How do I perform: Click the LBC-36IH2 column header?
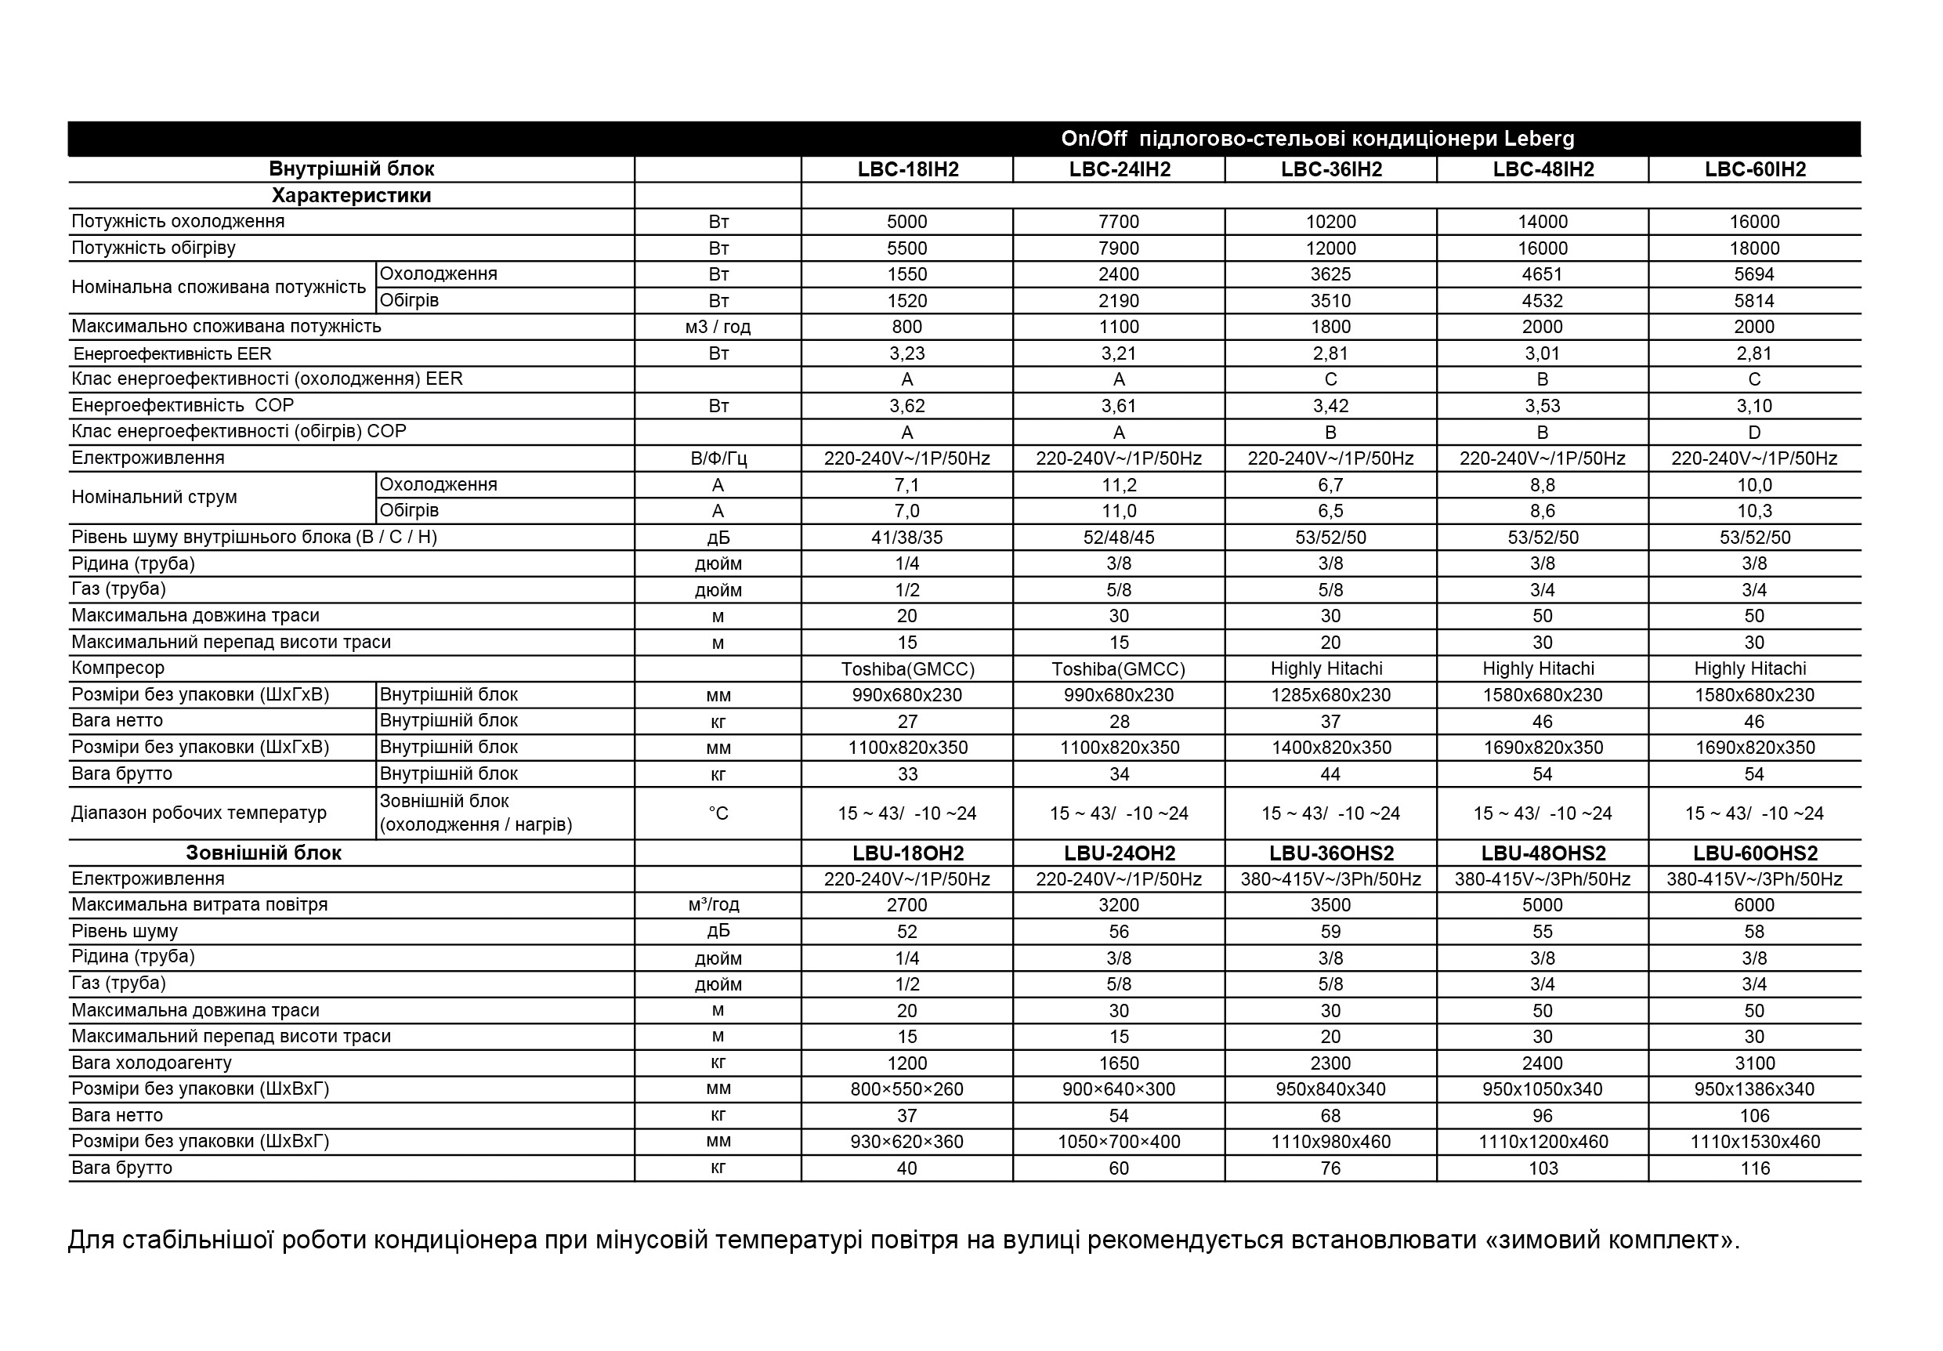(1330, 169)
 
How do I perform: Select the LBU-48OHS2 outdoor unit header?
(1543, 853)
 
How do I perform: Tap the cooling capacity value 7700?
(1119, 222)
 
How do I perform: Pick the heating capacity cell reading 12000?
(1330, 248)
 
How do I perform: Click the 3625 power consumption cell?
(1330, 274)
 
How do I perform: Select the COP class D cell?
(1753, 433)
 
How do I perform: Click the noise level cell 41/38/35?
(906, 538)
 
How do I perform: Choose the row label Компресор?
(118, 668)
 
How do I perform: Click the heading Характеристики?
(351, 196)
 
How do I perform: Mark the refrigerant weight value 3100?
(1753, 1063)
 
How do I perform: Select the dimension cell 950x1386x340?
(1753, 1089)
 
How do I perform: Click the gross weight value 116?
(1754, 1168)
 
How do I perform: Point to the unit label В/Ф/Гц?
(718, 458)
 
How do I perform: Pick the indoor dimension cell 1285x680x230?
(1330, 695)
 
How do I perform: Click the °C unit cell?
(718, 813)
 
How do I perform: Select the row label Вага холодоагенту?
(151, 1063)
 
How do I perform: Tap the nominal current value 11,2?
(1119, 485)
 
